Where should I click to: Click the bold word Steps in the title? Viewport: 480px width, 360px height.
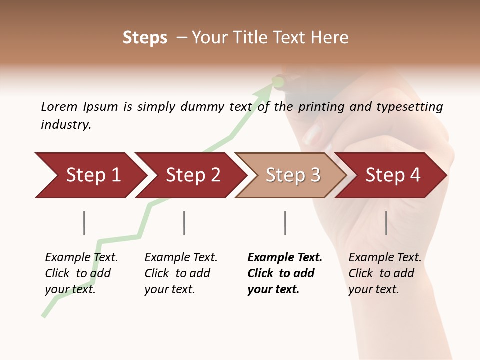click(145, 38)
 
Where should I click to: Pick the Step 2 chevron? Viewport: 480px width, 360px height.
click(190, 175)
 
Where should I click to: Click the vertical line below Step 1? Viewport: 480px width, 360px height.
click(84, 223)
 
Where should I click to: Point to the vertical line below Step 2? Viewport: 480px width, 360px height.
click(184, 223)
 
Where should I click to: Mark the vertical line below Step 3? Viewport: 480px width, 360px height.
click(285, 223)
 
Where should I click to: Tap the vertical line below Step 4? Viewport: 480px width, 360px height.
click(386, 223)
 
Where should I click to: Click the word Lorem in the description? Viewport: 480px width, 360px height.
click(59, 107)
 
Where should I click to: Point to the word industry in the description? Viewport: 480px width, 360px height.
click(66, 125)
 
